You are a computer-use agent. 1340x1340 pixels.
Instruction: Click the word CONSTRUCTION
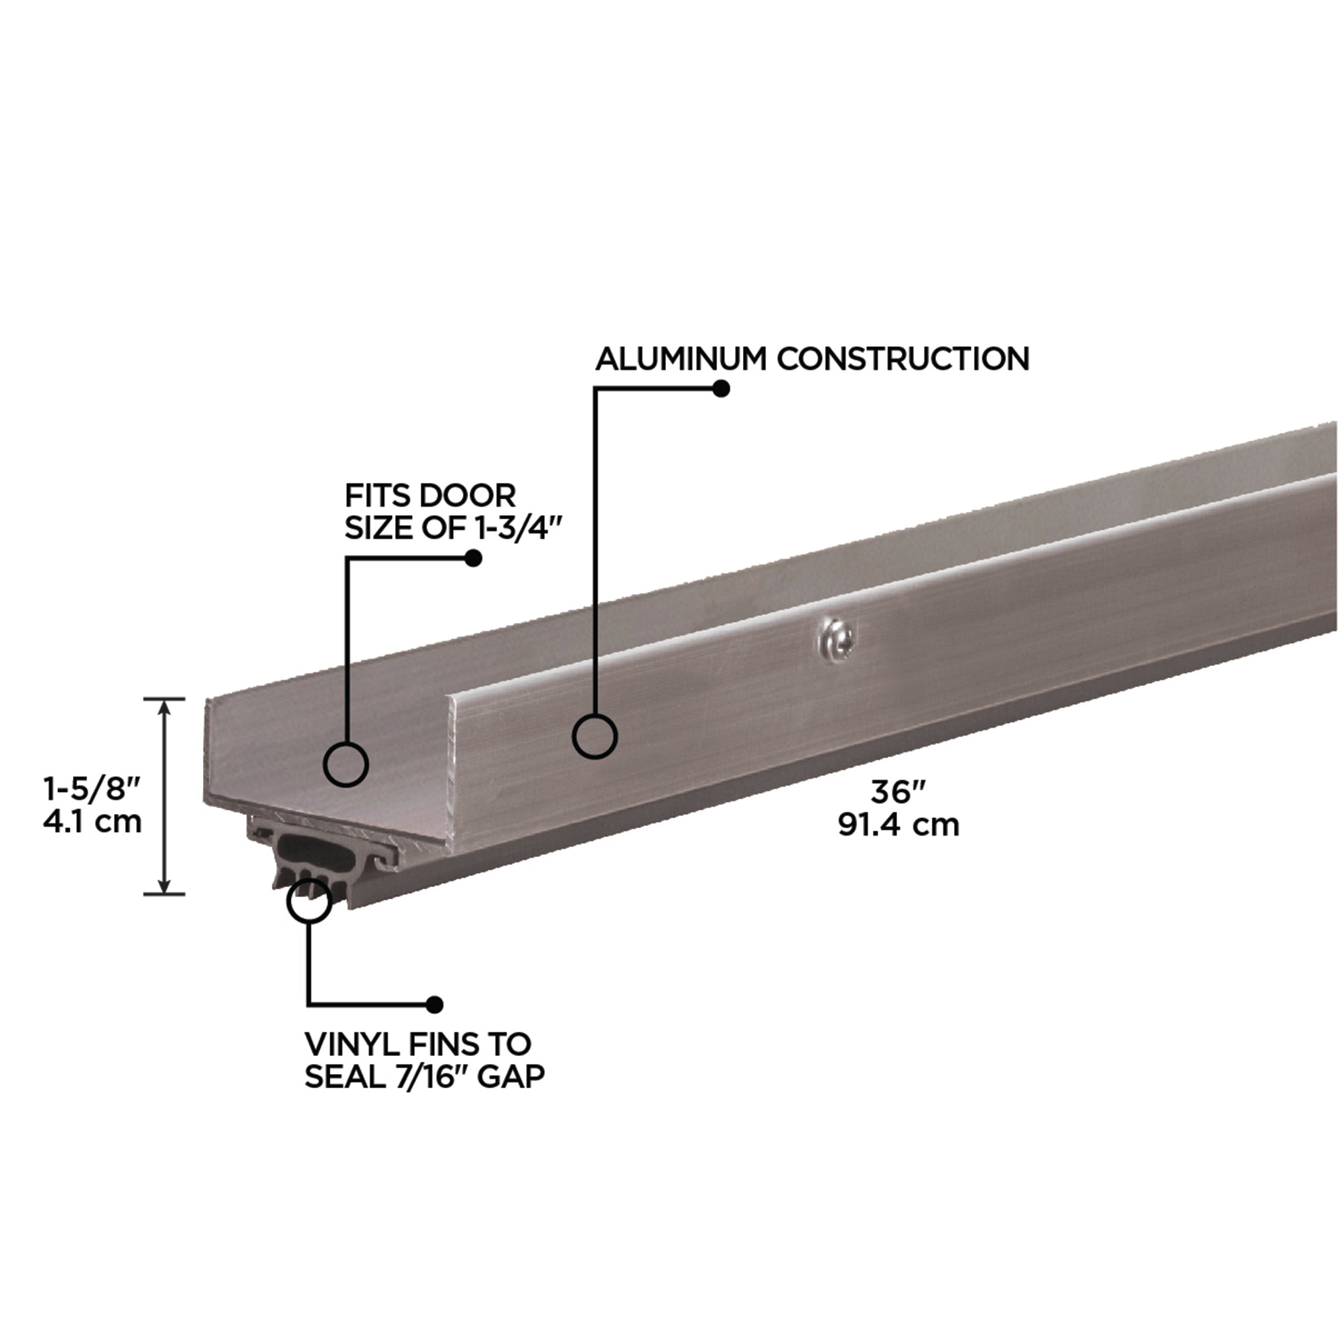(x=902, y=359)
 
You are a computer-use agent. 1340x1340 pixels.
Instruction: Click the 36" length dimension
(x=899, y=791)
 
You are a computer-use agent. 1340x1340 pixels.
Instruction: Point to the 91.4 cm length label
(x=899, y=825)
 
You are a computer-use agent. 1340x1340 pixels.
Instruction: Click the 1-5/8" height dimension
(x=92, y=789)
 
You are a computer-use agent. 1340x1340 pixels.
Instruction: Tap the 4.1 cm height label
(x=92, y=822)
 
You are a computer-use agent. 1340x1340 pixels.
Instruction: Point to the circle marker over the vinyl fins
(x=310, y=900)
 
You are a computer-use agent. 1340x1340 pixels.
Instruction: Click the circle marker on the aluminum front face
(x=594, y=736)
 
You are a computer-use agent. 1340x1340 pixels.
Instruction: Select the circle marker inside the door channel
(x=346, y=764)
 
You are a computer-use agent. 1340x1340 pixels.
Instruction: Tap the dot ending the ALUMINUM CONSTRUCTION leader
(x=722, y=389)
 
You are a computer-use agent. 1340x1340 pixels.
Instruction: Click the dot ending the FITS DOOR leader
(x=473, y=558)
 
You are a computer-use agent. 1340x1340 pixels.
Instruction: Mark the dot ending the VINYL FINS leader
(x=435, y=1004)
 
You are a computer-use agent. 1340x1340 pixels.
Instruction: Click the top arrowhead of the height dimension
(x=164, y=706)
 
